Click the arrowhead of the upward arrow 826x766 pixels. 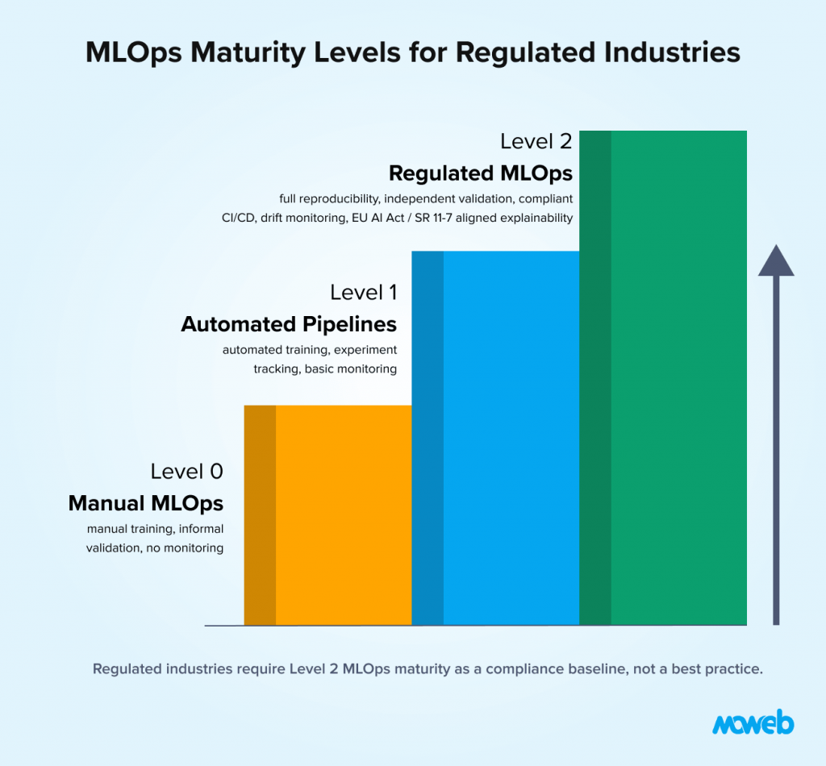pos(776,261)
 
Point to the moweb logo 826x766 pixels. pos(753,722)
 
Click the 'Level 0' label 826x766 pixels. pos(186,472)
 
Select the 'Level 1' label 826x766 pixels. pos(363,292)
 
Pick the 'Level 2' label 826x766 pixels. pos(536,141)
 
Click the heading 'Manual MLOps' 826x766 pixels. pos(146,503)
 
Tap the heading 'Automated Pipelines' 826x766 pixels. pos(289,324)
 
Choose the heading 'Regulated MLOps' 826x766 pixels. pos(481,173)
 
